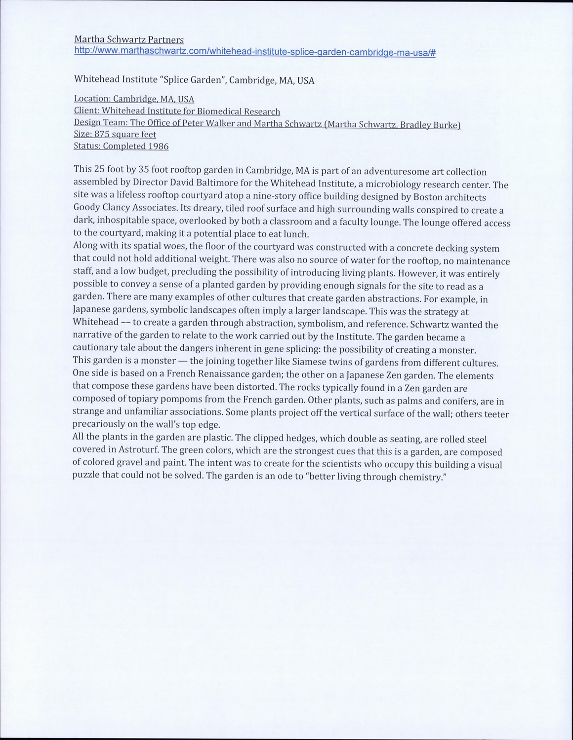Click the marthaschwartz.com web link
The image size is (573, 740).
pos(254,52)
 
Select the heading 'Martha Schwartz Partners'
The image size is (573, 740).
pos(129,39)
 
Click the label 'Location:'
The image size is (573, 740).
pos(92,99)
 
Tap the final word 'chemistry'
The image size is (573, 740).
pos(418,477)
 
